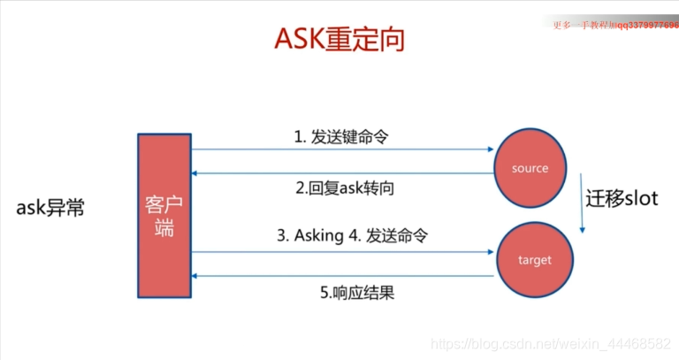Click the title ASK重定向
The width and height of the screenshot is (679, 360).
point(339,39)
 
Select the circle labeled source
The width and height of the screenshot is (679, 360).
point(530,168)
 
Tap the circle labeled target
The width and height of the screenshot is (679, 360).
point(534,260)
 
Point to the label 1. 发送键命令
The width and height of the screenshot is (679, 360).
point(341,137)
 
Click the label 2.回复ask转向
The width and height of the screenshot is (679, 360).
point(341,188)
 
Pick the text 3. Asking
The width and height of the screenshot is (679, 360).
point(308,237)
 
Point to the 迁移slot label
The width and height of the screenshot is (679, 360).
point(622,198)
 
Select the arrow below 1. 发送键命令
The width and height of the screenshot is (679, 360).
point(341,150)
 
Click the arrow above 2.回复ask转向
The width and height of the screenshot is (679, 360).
point(341,173)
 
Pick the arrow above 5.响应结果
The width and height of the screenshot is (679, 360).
point(341,277)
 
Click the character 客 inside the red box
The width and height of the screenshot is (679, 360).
point(158,205)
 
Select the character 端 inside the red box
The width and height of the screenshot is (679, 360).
point(163,228)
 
